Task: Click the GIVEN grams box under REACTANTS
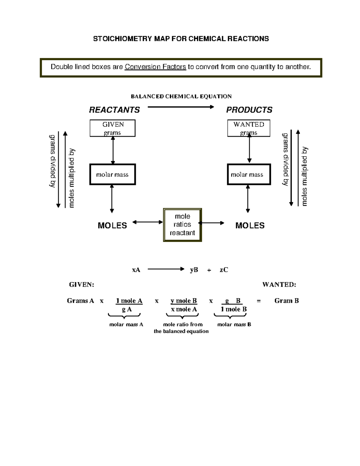(112, 128)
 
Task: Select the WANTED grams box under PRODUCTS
(249, 128)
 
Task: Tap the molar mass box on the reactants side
(112, 174)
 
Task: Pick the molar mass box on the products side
(249, 174)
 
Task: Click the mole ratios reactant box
(182, 225)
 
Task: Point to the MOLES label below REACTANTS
(112, 226)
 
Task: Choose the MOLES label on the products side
(250, 226)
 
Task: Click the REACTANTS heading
(114, 110)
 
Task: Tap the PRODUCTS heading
(249, 110)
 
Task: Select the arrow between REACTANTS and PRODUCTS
(181, 107)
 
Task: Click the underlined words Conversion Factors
(155, 67)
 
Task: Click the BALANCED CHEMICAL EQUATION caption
(181, 96)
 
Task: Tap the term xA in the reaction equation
(136, 270)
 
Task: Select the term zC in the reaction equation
(224, 270)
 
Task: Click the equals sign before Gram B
(259, 301)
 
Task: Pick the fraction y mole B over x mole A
(184, 305)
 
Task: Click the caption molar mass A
(126, 324)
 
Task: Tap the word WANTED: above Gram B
(279, 284)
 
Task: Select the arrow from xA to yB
(166, 269)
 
